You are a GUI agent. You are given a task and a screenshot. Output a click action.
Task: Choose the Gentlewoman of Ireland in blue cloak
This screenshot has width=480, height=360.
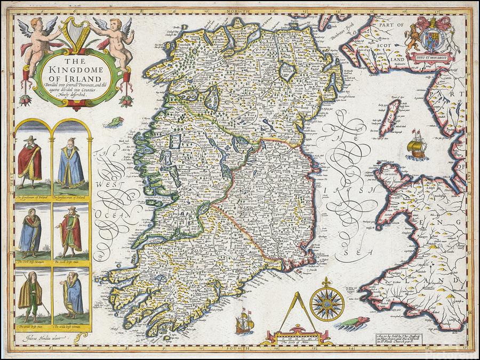pyautogui.click(x=71, y=163)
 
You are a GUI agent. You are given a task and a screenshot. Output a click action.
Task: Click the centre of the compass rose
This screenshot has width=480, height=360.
pyautogui.click(x=326, y=303)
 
